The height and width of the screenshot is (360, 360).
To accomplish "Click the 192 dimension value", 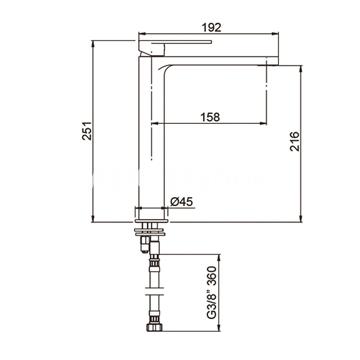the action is pyautogui.click(x=211, y=27).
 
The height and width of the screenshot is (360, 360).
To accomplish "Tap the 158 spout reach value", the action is pyautogui.click(x=210, y=117).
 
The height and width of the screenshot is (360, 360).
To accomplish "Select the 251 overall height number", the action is pyautogui.click(x=86, y=130).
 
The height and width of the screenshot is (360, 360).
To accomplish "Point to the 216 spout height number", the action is pyautogui.click(x=294, y=141).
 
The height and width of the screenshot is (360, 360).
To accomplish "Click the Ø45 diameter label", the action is pyautogui.click(x=181, y=202).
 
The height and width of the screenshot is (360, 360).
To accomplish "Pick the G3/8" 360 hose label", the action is pyautogui.click(x=212, y=293).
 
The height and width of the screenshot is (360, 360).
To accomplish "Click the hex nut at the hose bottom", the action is pyautogui.click(x=154, y=327).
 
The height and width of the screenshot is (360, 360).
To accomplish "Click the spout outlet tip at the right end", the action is pyautogui.click(x=273, y=61).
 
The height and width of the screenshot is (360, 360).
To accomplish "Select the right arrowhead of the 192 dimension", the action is pyautogui.click(x=276, y=33).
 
